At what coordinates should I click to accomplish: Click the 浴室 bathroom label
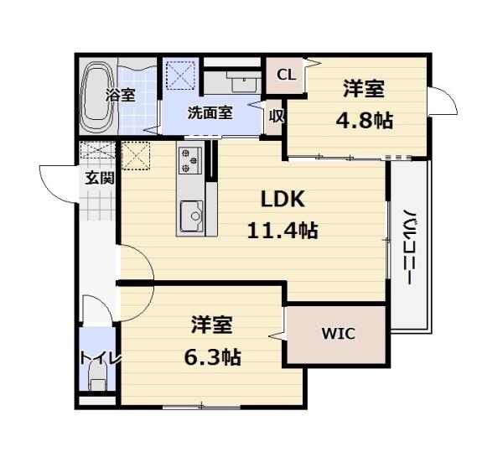(x=120, y=95)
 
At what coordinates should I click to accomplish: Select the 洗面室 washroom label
(x=209, y=113)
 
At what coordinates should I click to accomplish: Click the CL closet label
(x=286, y=75)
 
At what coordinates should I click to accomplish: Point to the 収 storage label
(x=276, y=117)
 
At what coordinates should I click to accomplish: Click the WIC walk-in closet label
(x=338, y=334)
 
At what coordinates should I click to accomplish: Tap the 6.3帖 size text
(x=212, y=357)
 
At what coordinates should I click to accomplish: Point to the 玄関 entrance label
(x=98, y=177)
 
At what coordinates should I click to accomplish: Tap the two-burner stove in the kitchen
(x=189, y=159)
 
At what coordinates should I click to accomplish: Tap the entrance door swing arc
(x=57, y=178)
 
